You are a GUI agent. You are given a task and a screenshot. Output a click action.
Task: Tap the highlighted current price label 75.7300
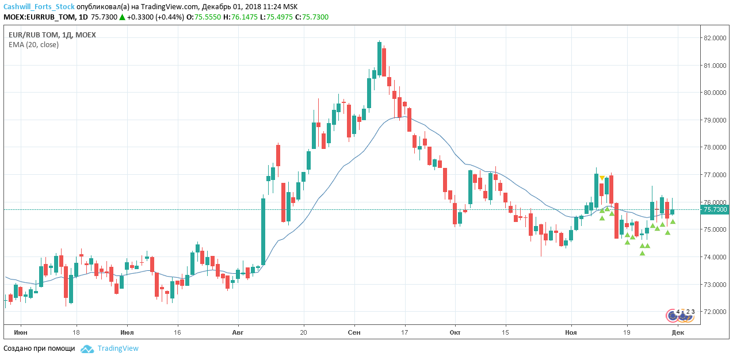point(715,210)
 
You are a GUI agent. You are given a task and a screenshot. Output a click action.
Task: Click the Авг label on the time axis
point(238,332)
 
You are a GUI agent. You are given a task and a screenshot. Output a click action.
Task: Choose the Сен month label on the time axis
point(354,332)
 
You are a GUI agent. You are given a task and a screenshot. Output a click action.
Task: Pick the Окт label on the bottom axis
point(455,332)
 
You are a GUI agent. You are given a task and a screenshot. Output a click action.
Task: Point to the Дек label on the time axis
point(678,332)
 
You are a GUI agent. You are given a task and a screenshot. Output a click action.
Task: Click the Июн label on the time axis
point(20,332)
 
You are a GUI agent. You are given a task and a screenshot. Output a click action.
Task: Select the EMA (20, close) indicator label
point(33,44)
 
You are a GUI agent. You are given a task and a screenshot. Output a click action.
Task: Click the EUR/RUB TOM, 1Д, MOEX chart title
point(52,35)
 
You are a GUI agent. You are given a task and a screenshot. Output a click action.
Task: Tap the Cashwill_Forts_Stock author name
point(39,6)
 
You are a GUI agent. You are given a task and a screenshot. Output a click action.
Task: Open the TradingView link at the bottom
point(118,348)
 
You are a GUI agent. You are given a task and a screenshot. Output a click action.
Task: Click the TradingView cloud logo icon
point(87,348)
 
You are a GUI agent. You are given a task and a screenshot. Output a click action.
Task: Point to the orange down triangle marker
point(602,178)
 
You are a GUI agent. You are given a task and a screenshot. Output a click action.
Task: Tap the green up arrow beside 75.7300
point(122,17)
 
